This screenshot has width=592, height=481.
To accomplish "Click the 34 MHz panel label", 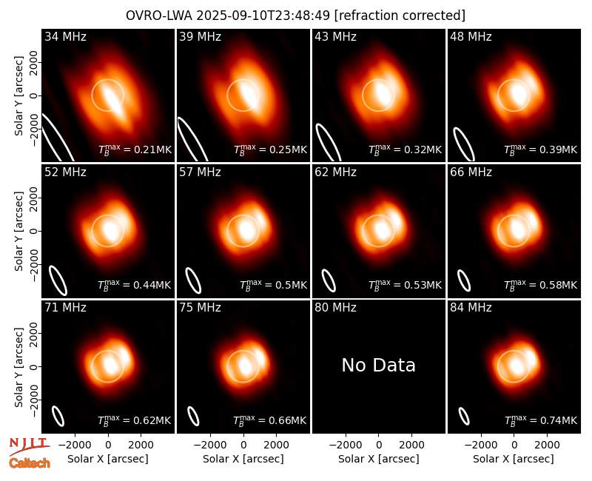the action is [x=65, y=36].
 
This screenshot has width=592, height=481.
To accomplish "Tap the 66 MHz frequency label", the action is [x=471, y=172].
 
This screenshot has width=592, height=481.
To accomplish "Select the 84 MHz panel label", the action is [x=471, y=308].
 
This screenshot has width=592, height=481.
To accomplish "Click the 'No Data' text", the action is [x=378, y=365].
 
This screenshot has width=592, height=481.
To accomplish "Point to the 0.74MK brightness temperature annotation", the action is [x=541, y=420].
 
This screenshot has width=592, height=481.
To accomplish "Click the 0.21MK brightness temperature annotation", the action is [x=135, y=149].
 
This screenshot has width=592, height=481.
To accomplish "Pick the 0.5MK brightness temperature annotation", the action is [x=274, y=285].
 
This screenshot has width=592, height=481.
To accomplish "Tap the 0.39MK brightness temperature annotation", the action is [x=541, y=149].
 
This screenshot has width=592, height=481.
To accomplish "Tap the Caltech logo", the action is [x=30, y=463].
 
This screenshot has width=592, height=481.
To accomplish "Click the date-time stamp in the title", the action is [x=263, y=16].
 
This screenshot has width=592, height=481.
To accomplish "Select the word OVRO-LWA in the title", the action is [x=159, y=16].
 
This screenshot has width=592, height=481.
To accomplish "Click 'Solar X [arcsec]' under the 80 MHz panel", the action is [x=379, y=459].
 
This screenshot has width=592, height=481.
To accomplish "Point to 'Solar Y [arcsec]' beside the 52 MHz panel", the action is [x=18, y=231].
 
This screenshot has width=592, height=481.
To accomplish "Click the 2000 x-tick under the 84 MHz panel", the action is [x=547, y=445].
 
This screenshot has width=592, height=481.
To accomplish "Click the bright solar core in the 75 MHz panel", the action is [x=246, y=365].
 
